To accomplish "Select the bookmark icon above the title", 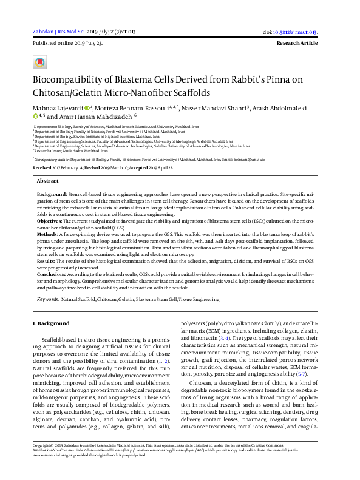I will pos(40,63).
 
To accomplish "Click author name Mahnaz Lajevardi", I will pos(57,107).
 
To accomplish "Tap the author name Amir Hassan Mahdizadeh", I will pos(96,116).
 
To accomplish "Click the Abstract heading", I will pos(48,181).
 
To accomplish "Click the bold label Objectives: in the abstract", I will pos(50,223).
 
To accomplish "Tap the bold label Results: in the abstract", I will pos(47,260).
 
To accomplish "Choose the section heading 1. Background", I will pos(51,323).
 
